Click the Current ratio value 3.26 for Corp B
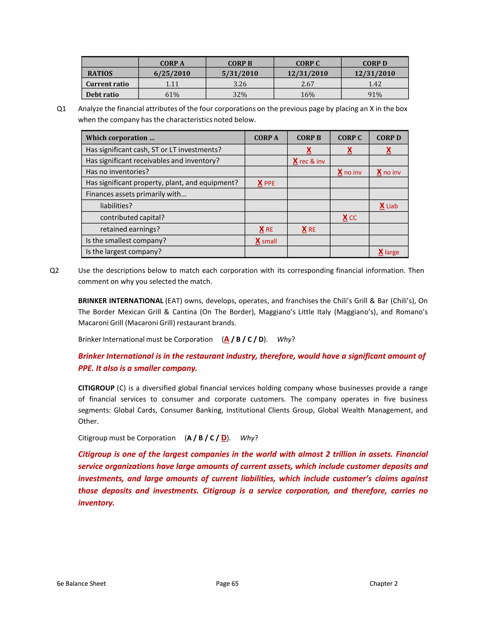coord(240,84)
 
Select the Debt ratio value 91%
coord(375,94)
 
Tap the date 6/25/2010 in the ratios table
coord(172,73)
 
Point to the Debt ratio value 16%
coord(308,94)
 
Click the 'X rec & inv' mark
coord(309,161)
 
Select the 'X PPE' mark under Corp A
coord(266,183)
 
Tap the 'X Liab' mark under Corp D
coord(389,206)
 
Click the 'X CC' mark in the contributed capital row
coord(350,218)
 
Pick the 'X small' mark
coord(266,241)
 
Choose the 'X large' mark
coord(389,252)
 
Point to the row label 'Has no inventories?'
coord(117,172)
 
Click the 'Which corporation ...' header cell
coord(120,138)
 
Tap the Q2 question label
coord(54,271)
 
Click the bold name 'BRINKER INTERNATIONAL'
coord(121,301)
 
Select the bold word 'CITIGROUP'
coord(96,388)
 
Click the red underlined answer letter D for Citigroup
coord(224,438)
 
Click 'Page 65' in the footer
coord(227,583)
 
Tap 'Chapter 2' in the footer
coord(383,583)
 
